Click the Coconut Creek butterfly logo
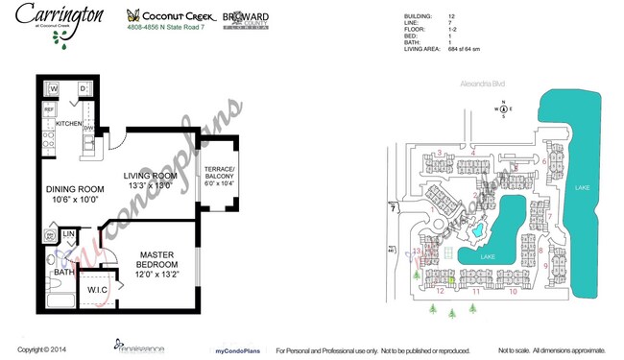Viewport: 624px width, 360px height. pyautogui.click(x=134, y=15)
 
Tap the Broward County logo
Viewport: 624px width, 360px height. pyautogui.click(x=246, y=19)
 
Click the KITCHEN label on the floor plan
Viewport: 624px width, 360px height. pyautogui.click(x=69, y=124)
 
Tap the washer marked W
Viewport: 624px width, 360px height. pyautogui.click(x=54, y=89)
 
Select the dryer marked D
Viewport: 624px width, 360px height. pyautogui.click(x=84, y=89)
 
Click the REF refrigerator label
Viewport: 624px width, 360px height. pyautogui.click(x=49, y=110)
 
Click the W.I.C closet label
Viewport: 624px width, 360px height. pyautogui.click(x=96, y=291)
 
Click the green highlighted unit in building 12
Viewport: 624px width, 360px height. pyautogui.click(x=452, y=280)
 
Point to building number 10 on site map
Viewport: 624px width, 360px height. pyautogui.click(x=513, y=291)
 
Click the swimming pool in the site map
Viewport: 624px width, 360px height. pyautogui.click(x=475, y=233)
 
